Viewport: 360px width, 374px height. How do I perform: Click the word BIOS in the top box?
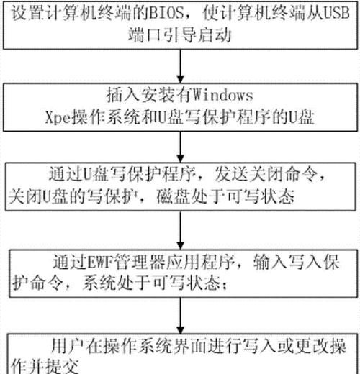pos(166,13)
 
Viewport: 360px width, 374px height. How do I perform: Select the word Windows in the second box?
pos(222,96)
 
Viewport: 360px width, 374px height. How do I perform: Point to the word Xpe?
pos(58,117)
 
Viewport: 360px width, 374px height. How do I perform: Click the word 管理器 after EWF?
pos(139,262)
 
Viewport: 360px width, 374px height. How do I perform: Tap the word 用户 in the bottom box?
pos(68,347)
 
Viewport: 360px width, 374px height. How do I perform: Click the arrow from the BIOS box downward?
pos(181,66)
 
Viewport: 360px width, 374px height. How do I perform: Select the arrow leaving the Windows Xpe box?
pos(181,147)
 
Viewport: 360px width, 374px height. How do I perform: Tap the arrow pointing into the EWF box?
pos(181,230)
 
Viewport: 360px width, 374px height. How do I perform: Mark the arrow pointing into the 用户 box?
pos(181,316)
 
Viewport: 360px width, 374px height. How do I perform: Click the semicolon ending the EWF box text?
pos(225,286)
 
